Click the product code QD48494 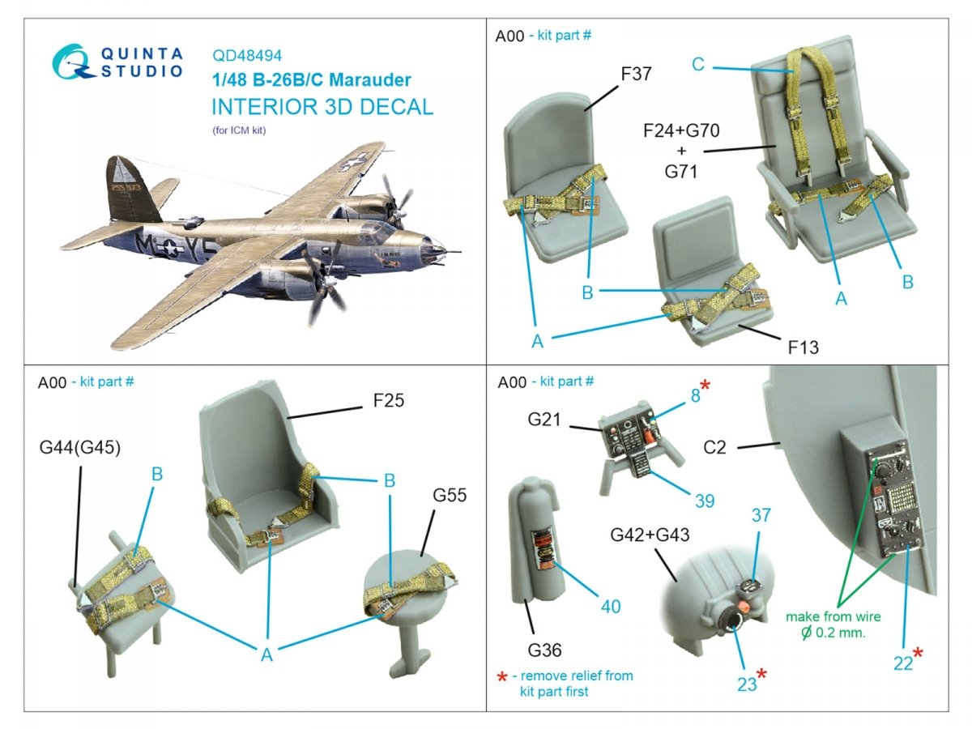248,56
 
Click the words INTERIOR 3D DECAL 322,108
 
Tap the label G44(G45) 79,447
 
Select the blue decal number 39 704,501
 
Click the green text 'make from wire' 833,616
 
